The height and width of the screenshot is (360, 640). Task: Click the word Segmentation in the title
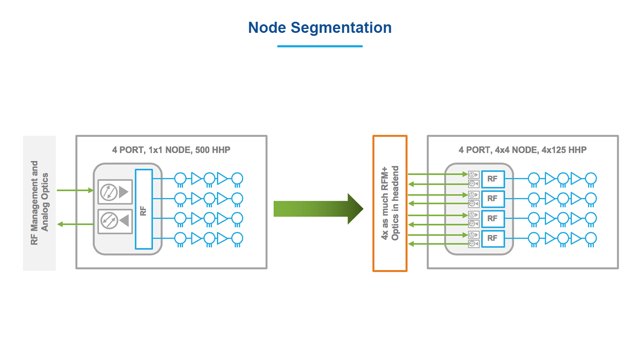click(x=341, y=28)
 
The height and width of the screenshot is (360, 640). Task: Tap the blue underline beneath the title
click(x=320, y=46)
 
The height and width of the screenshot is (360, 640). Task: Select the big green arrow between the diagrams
click(x=318, y=209)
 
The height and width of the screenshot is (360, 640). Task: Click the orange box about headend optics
click(x=390, y=203)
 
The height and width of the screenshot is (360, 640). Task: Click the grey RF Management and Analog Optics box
click(x=39, y=203)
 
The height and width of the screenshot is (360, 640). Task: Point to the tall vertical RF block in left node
click(x=144, y=209)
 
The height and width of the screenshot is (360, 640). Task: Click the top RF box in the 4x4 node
click(x=493, y=179)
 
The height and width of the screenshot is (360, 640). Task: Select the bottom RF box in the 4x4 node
click(x=493, y=238)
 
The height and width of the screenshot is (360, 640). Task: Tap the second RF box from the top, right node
click(x=493, y=199)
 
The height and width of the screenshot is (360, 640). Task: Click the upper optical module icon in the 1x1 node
click(x=115, y=192)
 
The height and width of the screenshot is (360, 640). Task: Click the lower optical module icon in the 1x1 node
click(x=115, y=221)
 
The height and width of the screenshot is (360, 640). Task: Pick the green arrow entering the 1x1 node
click(x=75, y=190)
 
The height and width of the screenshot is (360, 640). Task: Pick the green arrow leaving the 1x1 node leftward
click(x=75, y=224)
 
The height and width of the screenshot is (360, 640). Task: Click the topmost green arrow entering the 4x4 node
click(x=437, y=174)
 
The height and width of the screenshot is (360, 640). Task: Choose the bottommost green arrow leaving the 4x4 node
click(x=437, y=244)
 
